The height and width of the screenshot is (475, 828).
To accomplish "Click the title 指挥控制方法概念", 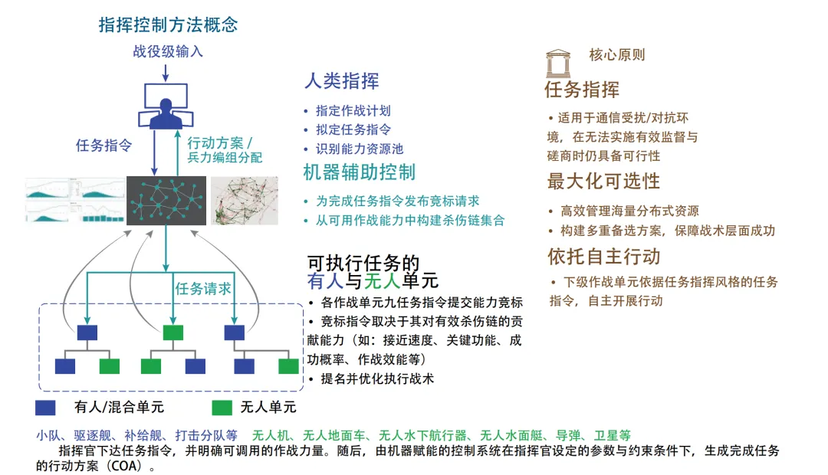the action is click(x=169, y=25).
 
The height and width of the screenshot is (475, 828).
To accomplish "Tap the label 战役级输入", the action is click(x=168, y=52).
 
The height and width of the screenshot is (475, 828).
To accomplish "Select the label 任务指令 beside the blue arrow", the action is click(x=104, y=145).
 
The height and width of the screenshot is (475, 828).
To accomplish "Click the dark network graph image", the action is click(x=166, y=201).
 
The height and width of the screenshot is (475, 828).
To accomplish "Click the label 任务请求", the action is click(x=203, y=289).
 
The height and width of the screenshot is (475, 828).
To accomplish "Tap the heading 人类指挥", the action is click(x=341, y=81).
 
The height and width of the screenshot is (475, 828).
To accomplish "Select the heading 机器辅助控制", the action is click(x=359, y=172).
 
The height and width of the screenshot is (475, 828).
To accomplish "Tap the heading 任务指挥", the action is click(x=582, y=90).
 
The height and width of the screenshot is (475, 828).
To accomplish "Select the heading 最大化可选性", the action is click(x=603, y=182).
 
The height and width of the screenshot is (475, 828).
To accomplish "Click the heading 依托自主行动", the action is click(x=603, y=256).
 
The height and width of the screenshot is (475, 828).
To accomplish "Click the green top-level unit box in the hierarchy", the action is click(x=172, y=332).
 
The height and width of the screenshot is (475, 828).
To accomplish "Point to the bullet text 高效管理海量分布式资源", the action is click(x=629, y=211).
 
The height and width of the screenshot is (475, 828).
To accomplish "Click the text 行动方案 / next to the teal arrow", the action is click(x=220, y=142).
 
